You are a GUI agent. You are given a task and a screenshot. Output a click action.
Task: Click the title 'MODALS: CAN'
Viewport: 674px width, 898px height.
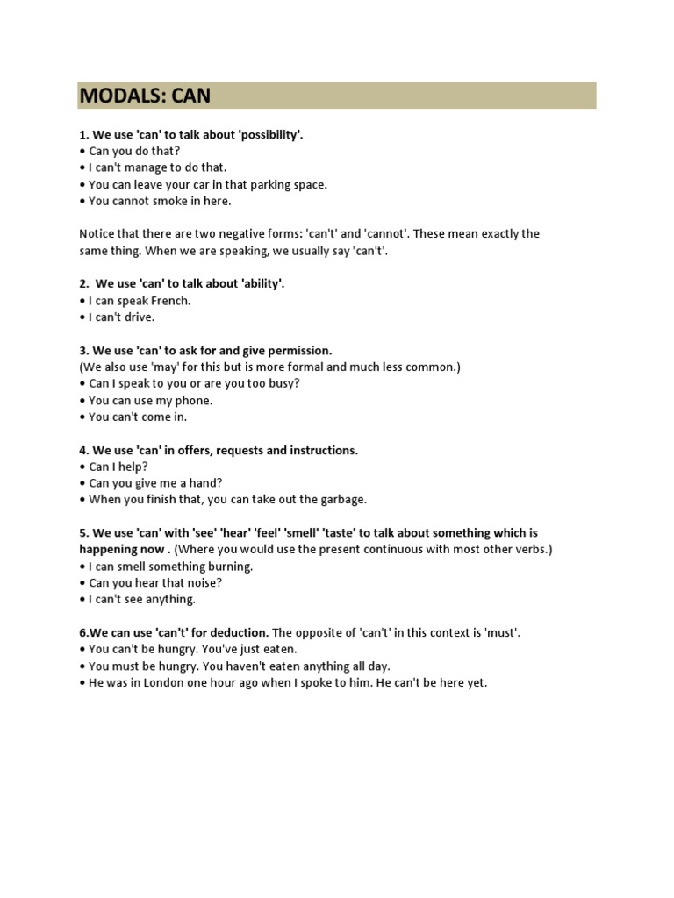pyautogui.click(x=146, y=96)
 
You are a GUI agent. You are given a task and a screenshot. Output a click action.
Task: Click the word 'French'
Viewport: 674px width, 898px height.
pyautogui.click(x=170, y=301)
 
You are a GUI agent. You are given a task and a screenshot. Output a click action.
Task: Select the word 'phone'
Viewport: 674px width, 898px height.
pyautogui.click(x=195, y=401)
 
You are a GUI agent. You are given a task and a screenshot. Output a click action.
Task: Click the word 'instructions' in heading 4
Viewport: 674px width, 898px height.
pyautogui.click(x=322, y=451)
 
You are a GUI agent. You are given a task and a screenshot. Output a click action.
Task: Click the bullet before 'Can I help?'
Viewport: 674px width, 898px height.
pyautogui.click(x=83, y=467)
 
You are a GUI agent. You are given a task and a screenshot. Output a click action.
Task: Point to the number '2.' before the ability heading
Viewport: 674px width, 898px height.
pyautogui.click(x=84, y=284)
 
